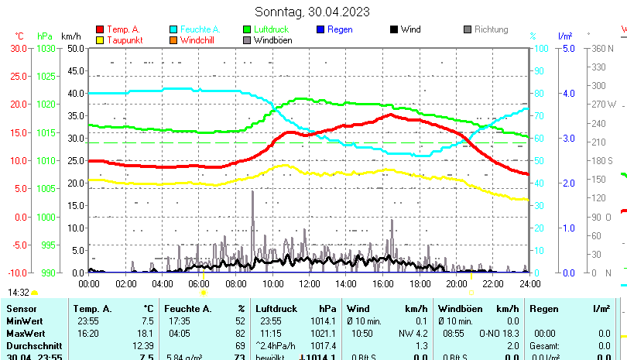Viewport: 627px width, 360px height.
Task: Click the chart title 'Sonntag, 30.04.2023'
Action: (x=312, y=12)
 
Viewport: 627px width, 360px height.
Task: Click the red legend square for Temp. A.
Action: (x=100, y=29)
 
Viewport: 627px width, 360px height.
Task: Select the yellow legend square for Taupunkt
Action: (x=100, y=40)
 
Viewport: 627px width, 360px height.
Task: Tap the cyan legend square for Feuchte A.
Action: (x=173, y=29)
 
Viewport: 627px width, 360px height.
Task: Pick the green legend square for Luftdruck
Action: (x=247, y=29)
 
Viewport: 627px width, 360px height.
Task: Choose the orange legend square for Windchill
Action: (x=173, y=40)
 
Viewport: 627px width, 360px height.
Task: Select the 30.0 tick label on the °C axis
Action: (x=19, y=48)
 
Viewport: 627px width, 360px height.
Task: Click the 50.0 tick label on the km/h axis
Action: (x=75, y=48)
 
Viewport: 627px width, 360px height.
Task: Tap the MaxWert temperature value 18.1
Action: (x=146, y=333)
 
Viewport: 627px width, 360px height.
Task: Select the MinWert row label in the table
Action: (x=26, y=321)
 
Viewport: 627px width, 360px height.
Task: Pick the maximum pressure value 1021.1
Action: (x=326, y=333)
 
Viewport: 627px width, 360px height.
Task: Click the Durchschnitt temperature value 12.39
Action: (x=143, y=345)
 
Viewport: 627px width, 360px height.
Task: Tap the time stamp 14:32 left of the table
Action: (x=19, y=293)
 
